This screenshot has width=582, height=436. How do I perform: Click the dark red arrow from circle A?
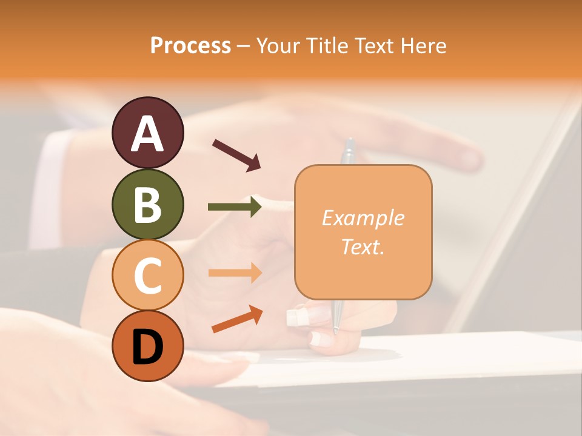(236, 155)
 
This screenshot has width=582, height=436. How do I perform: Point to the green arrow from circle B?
(235, 207)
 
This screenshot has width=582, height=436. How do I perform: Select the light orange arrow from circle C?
(235, 272)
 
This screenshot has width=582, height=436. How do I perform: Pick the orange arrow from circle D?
(237, 319)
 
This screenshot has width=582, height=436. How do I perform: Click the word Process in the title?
(190, 46)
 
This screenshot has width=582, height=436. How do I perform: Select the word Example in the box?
(363, 218)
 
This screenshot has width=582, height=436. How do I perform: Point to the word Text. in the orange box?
(363, 246)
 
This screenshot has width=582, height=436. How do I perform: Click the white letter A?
(147, 134)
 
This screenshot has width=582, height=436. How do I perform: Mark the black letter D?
(147, 347)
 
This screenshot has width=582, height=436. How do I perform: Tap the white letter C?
(147, 276)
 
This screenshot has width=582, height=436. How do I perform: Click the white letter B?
(147, 205)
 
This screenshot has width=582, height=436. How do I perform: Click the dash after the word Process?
(244, 46)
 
